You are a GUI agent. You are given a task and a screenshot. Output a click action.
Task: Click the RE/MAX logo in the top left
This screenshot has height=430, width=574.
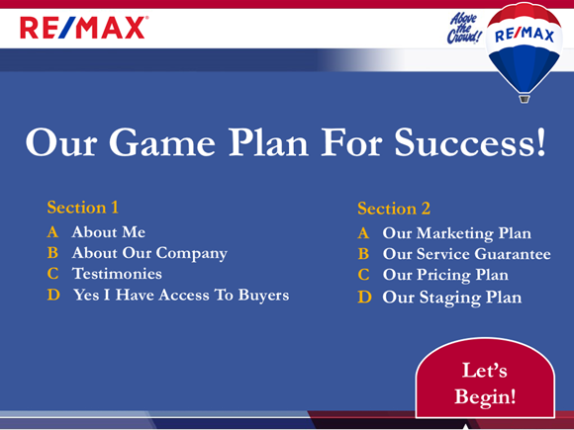(83, 28)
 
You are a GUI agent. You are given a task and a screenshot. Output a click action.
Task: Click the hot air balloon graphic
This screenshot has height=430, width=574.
(524, 44)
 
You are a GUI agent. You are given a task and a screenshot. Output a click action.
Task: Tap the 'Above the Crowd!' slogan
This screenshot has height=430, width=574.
(464, 29)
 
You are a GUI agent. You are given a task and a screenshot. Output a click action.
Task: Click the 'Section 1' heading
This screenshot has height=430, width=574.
(83, 208)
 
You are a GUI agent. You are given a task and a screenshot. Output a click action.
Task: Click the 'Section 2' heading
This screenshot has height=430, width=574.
(394, 209)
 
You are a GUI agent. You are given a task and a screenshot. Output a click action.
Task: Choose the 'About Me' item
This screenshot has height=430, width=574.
(108, 232)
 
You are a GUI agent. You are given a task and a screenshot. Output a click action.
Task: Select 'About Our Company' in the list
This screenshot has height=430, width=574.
(149, 253)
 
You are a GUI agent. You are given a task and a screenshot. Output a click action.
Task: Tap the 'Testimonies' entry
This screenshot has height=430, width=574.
(117, 274)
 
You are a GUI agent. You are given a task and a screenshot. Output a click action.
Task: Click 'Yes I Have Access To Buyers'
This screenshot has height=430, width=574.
(181, 295)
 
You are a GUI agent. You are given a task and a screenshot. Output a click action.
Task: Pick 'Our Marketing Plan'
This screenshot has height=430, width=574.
(456, 234)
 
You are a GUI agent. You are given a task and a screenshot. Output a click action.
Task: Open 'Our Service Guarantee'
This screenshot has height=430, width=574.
(466, 255)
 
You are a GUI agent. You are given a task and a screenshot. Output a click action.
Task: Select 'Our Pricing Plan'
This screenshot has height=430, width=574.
(445, 276)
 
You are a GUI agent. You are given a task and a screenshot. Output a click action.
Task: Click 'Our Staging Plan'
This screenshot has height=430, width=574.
(451, 297)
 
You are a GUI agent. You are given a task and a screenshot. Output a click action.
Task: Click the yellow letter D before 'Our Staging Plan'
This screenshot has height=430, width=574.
(364, 297)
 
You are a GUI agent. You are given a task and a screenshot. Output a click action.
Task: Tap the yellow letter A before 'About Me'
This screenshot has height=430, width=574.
(52, 232)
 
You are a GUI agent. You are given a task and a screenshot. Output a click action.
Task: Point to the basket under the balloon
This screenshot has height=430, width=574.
(525, 98)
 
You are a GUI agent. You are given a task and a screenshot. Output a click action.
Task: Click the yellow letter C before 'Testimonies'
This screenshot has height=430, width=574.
(52, 274)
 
